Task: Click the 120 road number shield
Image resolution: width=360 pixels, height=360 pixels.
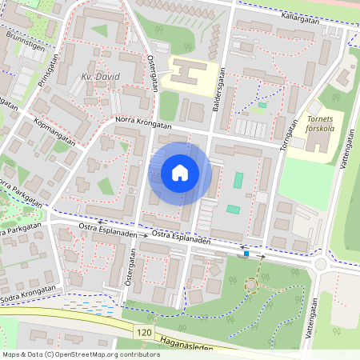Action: click(143, 330)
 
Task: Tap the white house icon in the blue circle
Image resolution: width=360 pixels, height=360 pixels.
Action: click(180, 172)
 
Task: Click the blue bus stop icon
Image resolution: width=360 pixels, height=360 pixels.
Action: click(247, 254)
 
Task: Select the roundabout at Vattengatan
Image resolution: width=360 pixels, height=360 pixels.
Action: click(322, 265)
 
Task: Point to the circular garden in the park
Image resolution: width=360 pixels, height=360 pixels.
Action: click(252, 283)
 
